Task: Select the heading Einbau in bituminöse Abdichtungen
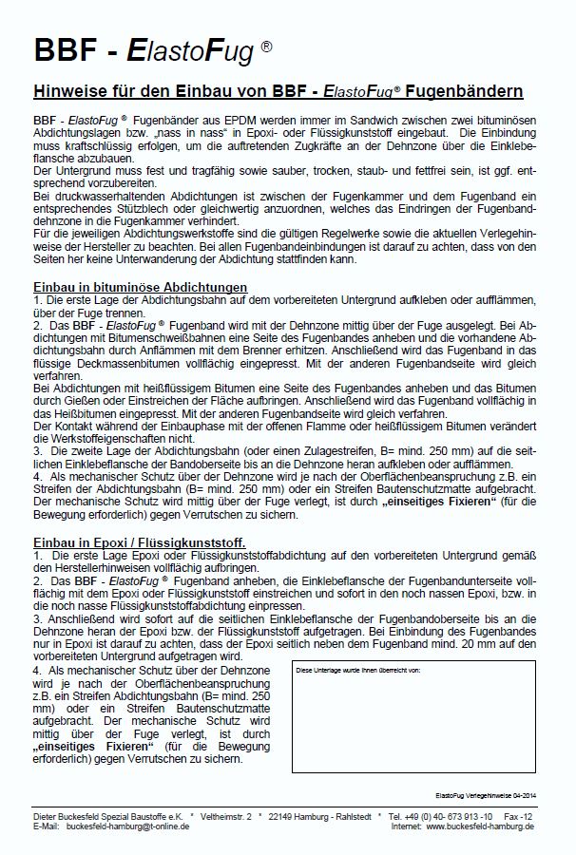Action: coord(141,287)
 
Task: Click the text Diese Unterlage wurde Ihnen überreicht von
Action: coord(356,670)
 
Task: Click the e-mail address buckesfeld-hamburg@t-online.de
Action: coord(127,826)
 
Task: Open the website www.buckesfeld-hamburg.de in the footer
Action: coord(479,826)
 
